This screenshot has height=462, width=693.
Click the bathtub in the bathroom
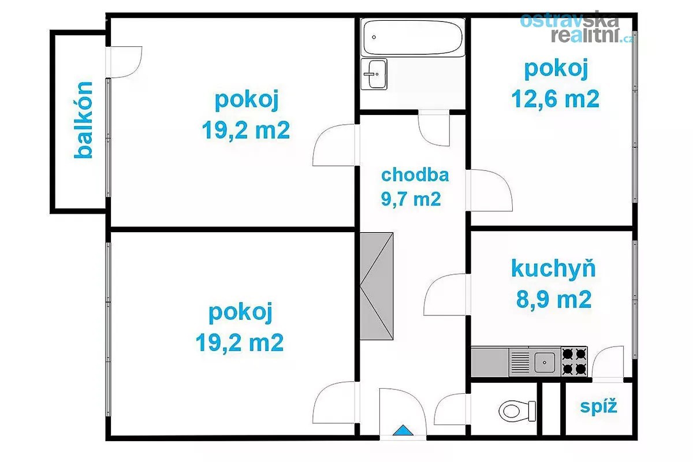click(x=413, y=38)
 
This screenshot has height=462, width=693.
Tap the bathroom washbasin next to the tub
click(x=374, y=74)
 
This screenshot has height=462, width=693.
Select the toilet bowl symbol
click(x=517, y=411)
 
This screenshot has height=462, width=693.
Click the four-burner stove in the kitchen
click(x=575, y=362)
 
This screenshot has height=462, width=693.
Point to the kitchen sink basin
click(x=545, y=362)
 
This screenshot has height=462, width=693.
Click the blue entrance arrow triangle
click(x=403, y=430)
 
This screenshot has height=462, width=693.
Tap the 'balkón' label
click(x=83, y=120)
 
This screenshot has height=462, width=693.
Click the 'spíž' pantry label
click(x=599, y=407)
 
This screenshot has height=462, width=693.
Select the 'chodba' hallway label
click(x=415, y=175)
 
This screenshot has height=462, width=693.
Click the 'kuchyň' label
click(x=553, y=269)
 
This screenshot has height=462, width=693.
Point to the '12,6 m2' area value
click(x=556, y=99)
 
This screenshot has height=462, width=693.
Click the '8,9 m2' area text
click(x=554, y=299)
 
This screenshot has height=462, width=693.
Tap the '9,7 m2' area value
click(x=411, y=199)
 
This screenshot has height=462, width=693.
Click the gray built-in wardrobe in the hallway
click(x=377, y=286)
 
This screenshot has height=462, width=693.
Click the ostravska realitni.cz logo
click(x=575, y=28)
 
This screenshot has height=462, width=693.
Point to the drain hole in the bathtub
click(x=374, y=37)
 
